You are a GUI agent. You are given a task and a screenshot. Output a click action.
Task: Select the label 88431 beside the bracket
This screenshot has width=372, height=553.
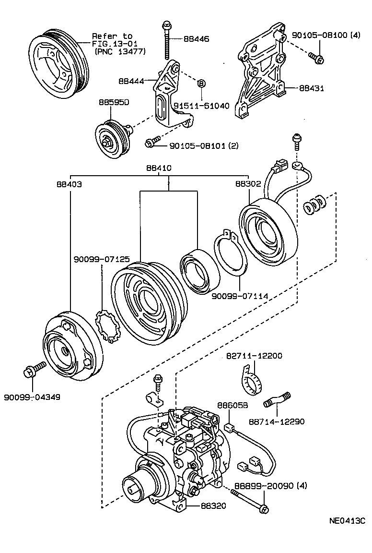coord(312,88)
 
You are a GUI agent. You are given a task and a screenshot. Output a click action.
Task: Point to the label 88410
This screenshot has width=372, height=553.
coord(159,168)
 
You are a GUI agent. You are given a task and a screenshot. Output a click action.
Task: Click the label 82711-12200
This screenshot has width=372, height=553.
coord(254,356)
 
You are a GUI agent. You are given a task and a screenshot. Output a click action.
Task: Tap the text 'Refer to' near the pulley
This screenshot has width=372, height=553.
coord(112,36)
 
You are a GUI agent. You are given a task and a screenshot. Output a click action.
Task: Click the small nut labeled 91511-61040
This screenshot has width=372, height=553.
coord(201,84)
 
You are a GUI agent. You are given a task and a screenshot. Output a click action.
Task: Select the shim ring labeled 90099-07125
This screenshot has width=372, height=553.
coord(108,326)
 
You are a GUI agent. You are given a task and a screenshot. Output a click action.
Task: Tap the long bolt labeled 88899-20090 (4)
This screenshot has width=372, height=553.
coord(249,499)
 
